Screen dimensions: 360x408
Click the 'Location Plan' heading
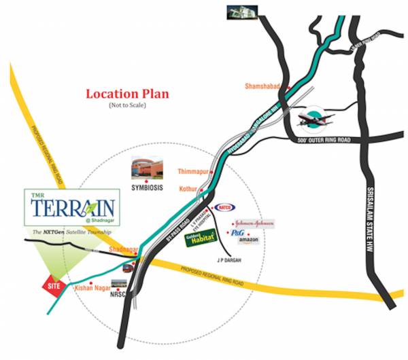point(127,94)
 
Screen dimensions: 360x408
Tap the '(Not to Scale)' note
point(127,106)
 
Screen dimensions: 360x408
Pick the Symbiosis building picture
point(148,166)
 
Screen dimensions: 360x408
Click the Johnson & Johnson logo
point(254,223)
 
